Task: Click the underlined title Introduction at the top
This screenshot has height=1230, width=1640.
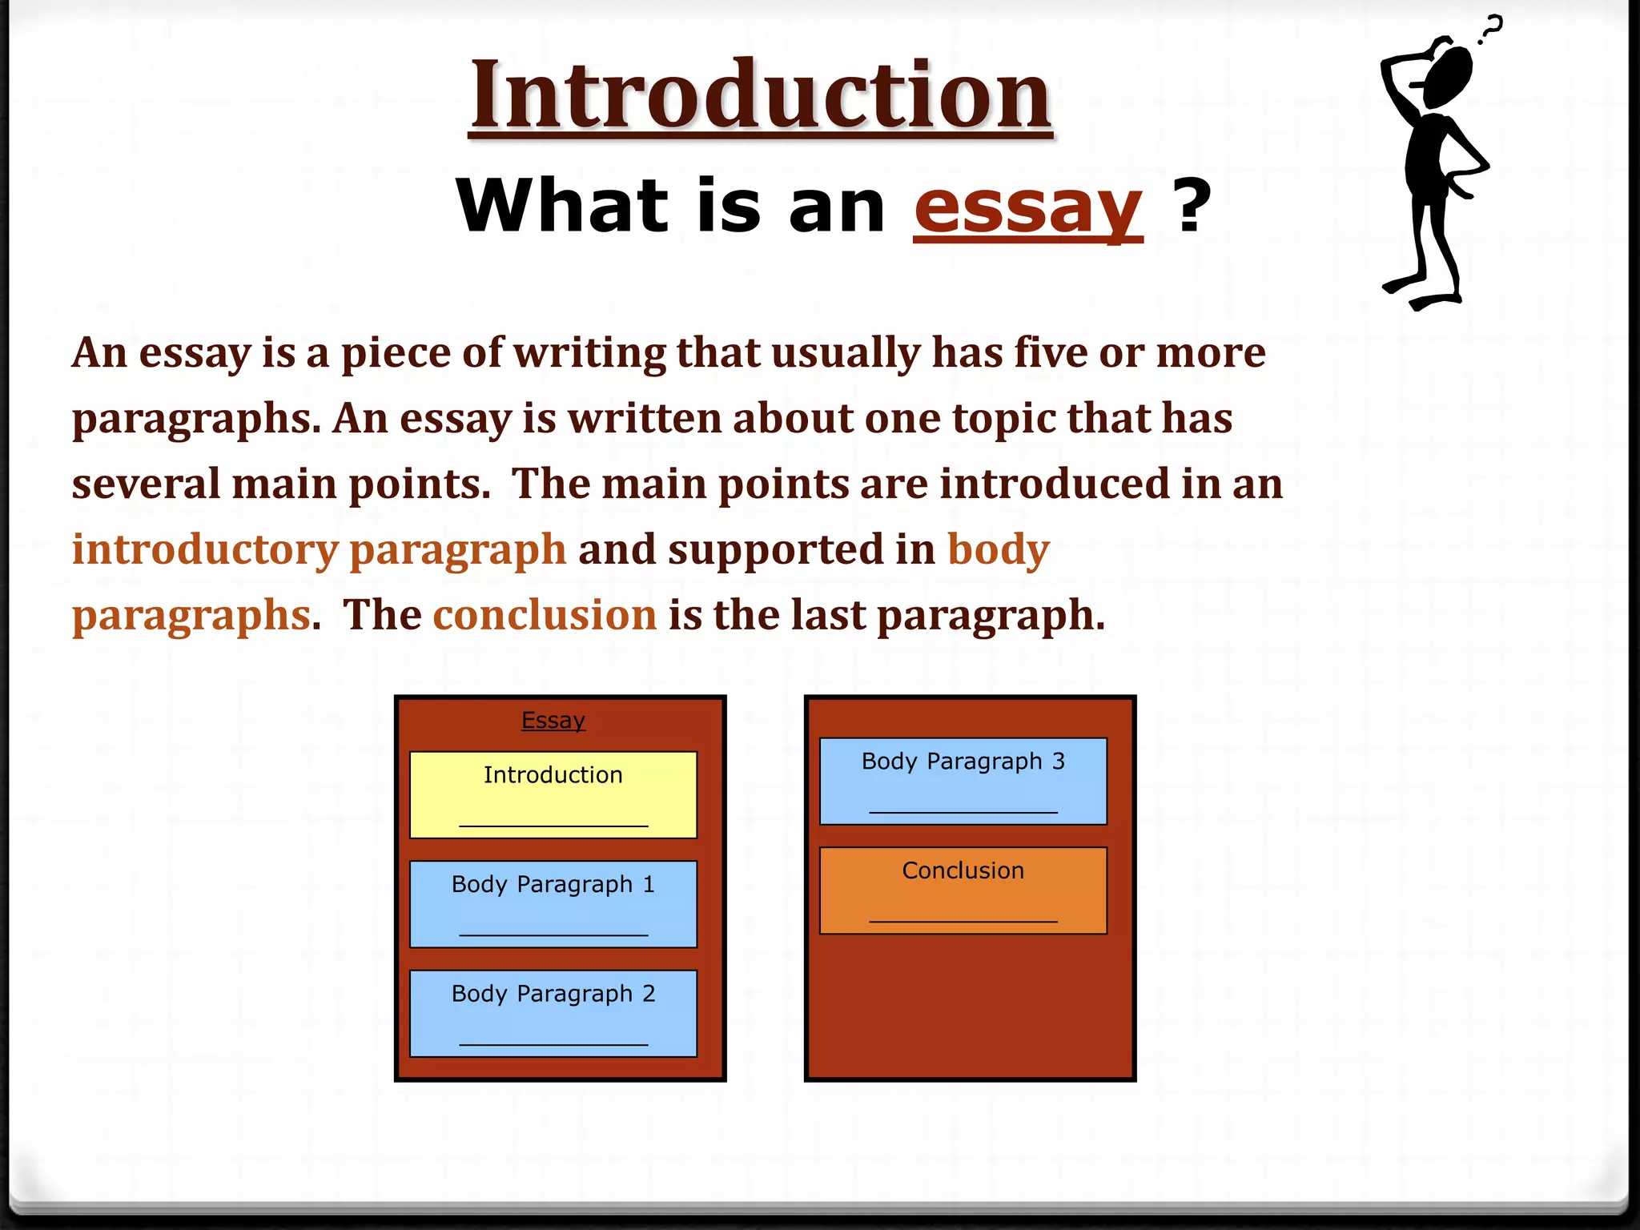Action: click(x=760, y=95)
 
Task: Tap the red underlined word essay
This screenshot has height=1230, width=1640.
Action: click(x=1028, y=207)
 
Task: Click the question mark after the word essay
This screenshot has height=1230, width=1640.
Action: click(x=1192, y=207)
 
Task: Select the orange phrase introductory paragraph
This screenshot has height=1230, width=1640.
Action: click(x=319, y=550)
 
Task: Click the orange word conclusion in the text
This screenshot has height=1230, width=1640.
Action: click(x=545, y=615)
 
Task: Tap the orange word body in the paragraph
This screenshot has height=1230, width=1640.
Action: click(x=998, y=549)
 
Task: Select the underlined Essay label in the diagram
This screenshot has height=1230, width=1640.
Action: click(x=553, y=720)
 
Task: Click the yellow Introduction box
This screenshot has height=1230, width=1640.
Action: click(x=553, y=794)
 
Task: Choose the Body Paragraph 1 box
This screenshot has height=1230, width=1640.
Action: click(x=553, y=903)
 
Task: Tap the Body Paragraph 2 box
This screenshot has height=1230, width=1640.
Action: click(x=553, y=1013)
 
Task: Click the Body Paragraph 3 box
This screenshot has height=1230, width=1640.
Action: click(x=963, y=781)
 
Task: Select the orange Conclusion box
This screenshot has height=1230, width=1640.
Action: click(x=963, y=890)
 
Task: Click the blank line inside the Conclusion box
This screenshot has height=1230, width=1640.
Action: click(x=963, y=921)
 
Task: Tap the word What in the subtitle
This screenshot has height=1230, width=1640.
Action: click(x=561, y=207)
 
